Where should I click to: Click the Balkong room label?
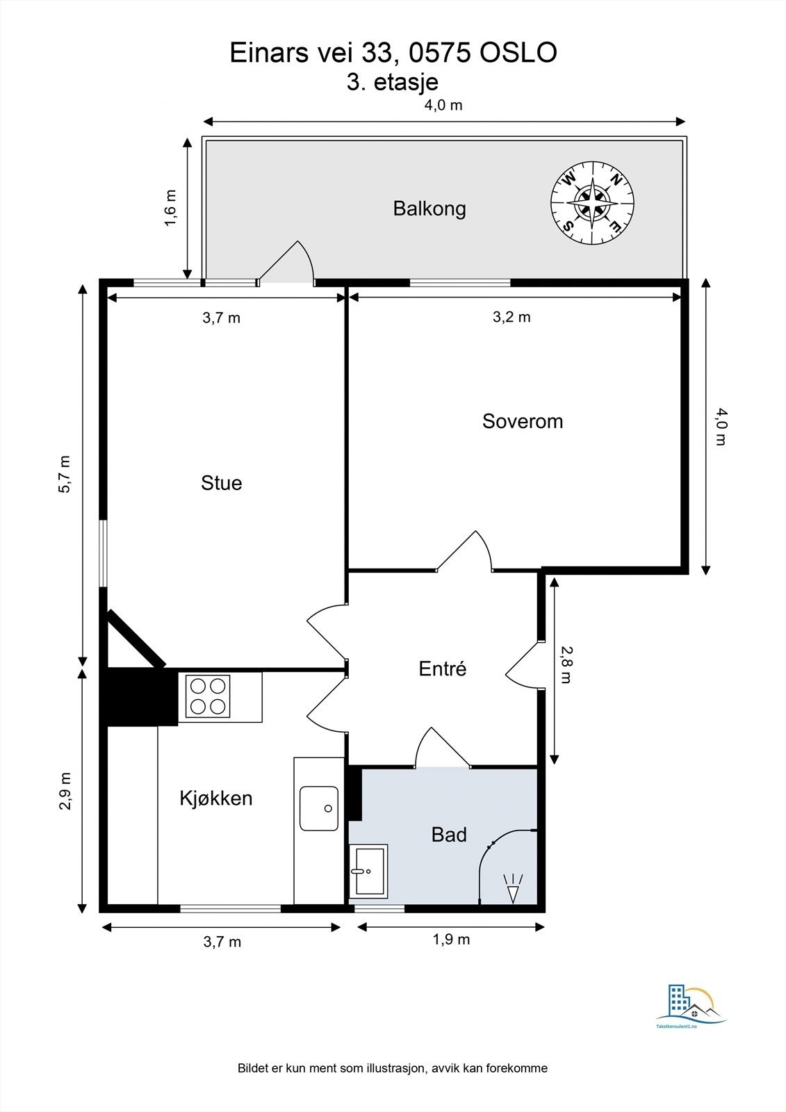point(429,208)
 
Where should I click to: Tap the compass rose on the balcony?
point(592,204)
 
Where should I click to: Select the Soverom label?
point(522,421)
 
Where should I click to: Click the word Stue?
point(221,483)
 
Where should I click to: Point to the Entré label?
point(442,669)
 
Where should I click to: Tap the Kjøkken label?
point(215,798)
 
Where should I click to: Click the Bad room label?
point(448,835)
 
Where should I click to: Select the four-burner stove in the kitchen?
point(208,696)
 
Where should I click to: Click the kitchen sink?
point(319,808)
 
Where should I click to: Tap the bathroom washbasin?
point(368,871)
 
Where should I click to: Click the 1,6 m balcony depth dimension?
point(170,208)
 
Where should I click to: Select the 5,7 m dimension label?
point(65,475)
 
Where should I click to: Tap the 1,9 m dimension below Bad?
point(451,940)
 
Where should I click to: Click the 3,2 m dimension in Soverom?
point(511,317)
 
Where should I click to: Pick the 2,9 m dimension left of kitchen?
point(65,791)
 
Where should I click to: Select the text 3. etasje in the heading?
point(393,82)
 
